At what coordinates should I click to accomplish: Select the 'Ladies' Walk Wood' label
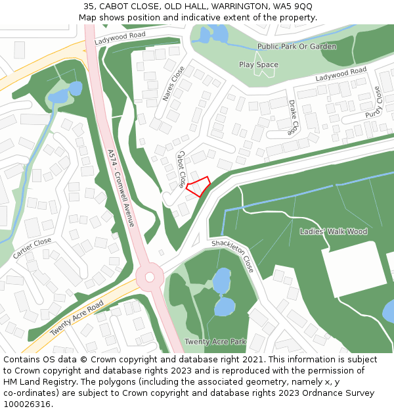pyautogui.click(x=333, y=231)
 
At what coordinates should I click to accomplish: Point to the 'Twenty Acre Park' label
pyautogui.click(x=215, y=342)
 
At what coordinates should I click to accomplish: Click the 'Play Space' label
pyautogui.click(x=259, y=64)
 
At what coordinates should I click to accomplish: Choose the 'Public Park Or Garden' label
pyautogui.click(x=297, y=47)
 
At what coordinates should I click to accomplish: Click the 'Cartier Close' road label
pyautogui.click(x=32, y=248)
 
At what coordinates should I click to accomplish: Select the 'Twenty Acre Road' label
pyautogui.click(x=77, y=319)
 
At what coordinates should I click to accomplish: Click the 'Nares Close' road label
pyautogui.click(x=173, y=84)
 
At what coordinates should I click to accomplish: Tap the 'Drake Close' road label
pyautogui.click(x=293, y=116)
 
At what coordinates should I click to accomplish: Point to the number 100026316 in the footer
pyautogui.click(x=28, y=404)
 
